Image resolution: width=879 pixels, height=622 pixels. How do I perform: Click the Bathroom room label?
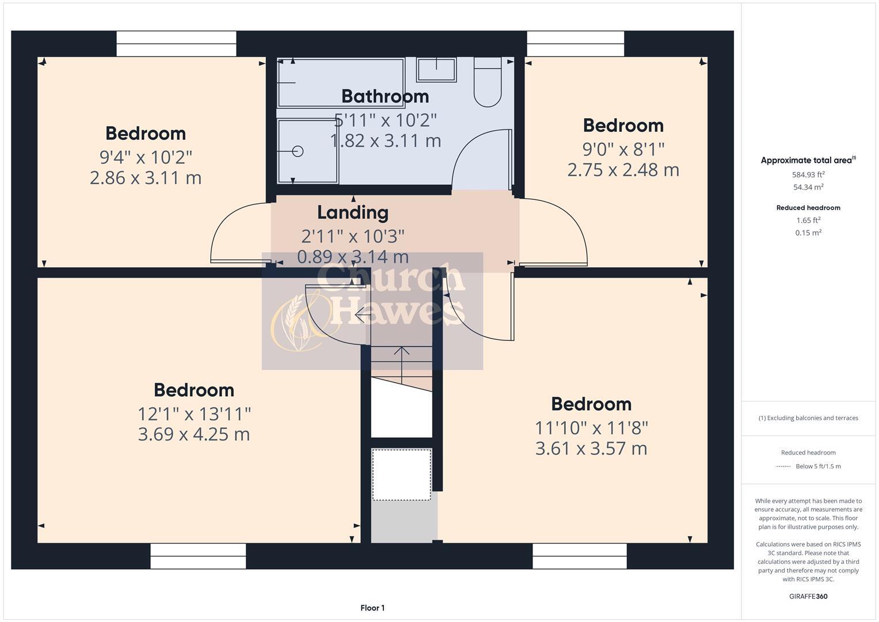[385, 96]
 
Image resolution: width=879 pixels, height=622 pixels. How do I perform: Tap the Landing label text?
[353, 213]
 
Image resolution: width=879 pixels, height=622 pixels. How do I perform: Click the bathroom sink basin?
[436, 70]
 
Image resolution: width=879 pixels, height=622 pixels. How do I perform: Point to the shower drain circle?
[298, 151]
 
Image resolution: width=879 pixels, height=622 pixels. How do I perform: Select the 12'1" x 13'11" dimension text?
[194, 414]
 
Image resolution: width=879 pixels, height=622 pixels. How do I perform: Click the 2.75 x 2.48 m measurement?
[623, 170]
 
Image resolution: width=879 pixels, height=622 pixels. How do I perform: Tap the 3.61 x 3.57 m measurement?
[591, 448]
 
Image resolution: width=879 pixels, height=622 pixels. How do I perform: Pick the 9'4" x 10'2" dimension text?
[146, 157]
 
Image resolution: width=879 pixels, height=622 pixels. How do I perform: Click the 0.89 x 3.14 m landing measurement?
[353, 257]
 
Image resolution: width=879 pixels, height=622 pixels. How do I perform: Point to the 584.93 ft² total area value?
[808, 174]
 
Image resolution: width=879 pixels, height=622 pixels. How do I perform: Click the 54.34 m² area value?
[808, 187]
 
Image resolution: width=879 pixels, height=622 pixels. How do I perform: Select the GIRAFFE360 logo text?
[808, 596]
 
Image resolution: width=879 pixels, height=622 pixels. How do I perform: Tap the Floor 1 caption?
[372, 608]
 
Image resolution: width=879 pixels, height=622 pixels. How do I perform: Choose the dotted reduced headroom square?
[401, 475]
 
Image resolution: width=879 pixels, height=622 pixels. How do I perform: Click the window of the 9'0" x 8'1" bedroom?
[576, 44]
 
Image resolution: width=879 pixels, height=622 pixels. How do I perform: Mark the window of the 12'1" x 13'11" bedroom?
[198, 556]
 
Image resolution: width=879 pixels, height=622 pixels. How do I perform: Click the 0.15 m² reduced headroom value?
[808, 233]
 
